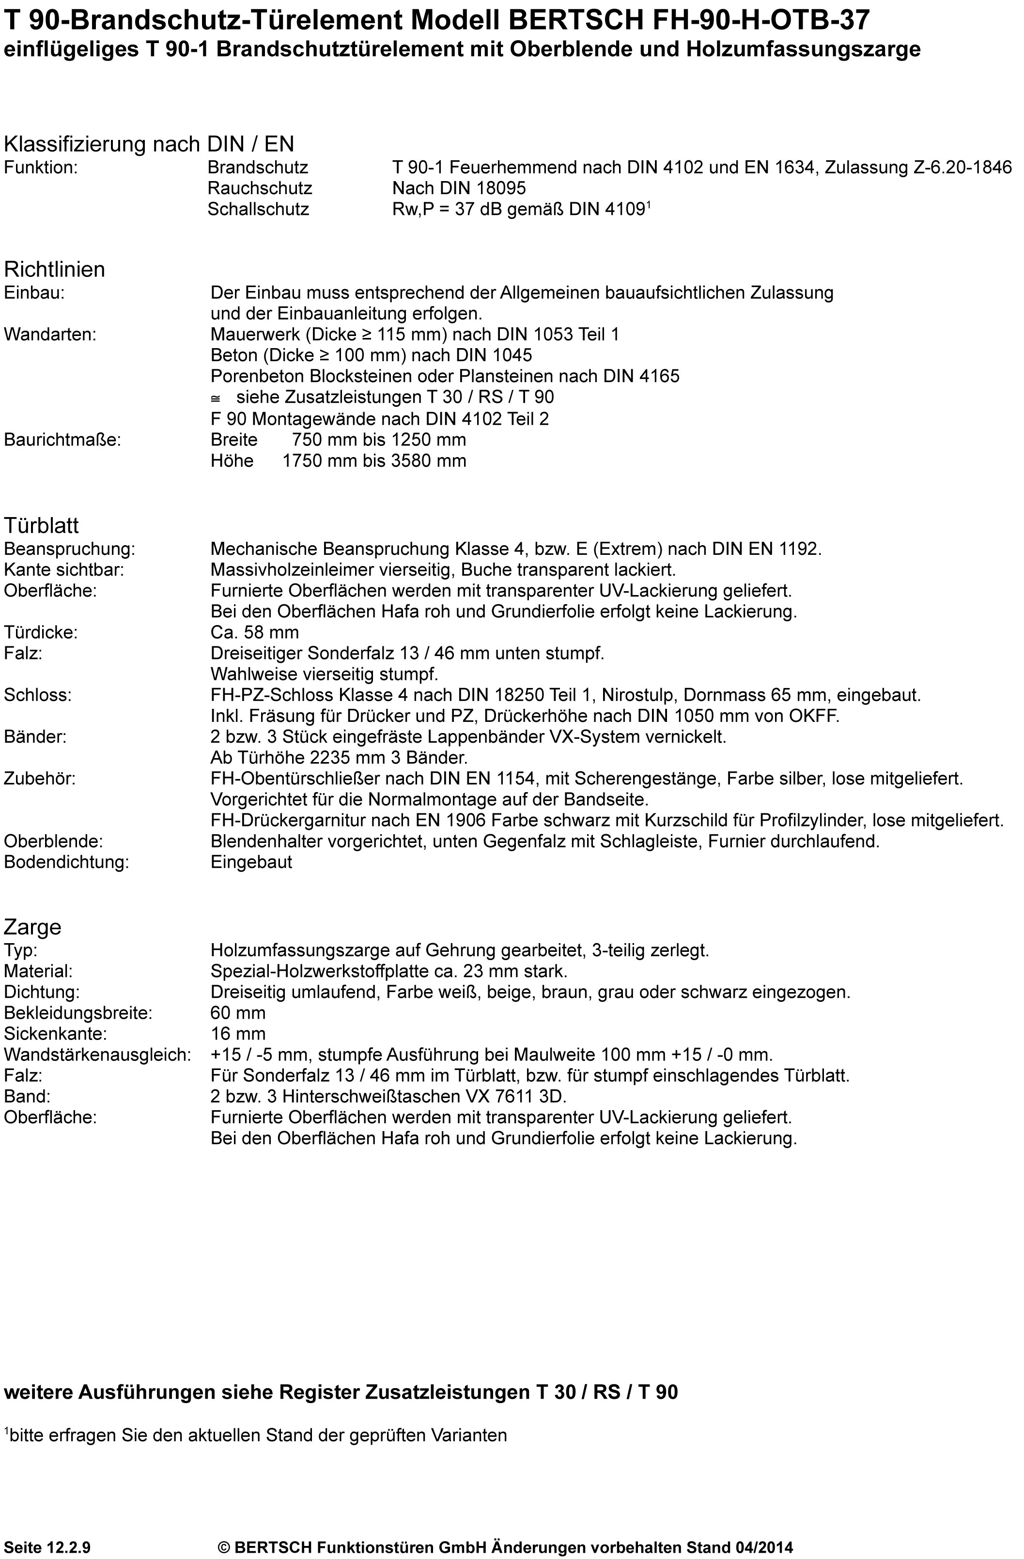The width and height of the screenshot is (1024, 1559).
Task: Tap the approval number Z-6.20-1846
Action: (962, 168)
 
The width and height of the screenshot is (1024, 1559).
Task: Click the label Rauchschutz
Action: (260, 189)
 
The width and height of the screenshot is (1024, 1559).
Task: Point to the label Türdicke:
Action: (41, 633)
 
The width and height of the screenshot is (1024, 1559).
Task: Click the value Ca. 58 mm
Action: (254, 633)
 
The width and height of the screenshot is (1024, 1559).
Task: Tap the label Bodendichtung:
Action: (66, 863)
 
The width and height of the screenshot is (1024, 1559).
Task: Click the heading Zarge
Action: (32, 927)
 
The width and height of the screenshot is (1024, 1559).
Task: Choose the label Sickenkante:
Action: (55, 1034)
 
